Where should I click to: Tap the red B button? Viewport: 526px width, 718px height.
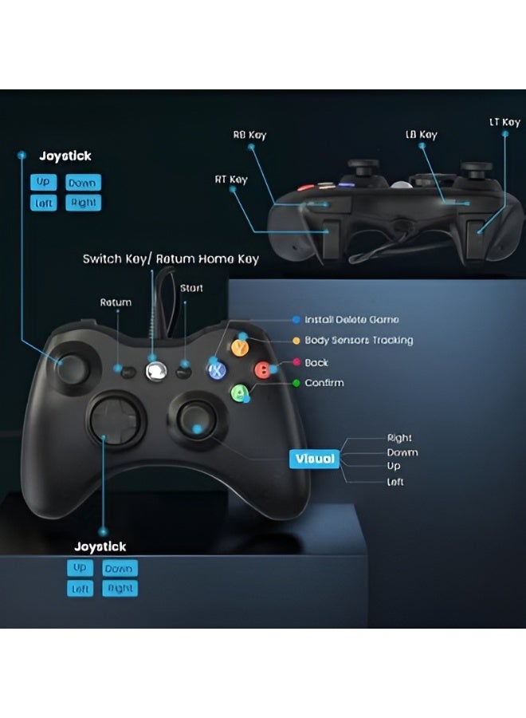[261, 369]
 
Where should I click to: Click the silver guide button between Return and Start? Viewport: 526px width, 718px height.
[156, 369]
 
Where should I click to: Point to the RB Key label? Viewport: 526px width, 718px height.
[249, 135]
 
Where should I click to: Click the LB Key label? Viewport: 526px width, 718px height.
[421, 135]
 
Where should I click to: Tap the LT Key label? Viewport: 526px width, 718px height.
[504, 122]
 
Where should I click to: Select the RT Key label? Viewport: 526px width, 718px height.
[231, 179]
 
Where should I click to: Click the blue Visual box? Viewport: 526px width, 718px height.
[316, 459]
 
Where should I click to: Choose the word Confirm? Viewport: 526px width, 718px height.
[324, 383]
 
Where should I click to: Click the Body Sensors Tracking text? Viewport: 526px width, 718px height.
[359, 341]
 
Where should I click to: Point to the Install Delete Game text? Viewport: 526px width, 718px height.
[351, 319]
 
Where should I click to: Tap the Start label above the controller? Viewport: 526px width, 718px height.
[191, 288]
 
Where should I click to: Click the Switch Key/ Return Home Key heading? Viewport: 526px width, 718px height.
[171, 259]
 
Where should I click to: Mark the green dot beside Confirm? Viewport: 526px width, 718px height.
[297, 383]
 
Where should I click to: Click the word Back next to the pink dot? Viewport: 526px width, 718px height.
[316, 362]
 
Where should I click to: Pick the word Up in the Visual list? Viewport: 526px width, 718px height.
[394, 466]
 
